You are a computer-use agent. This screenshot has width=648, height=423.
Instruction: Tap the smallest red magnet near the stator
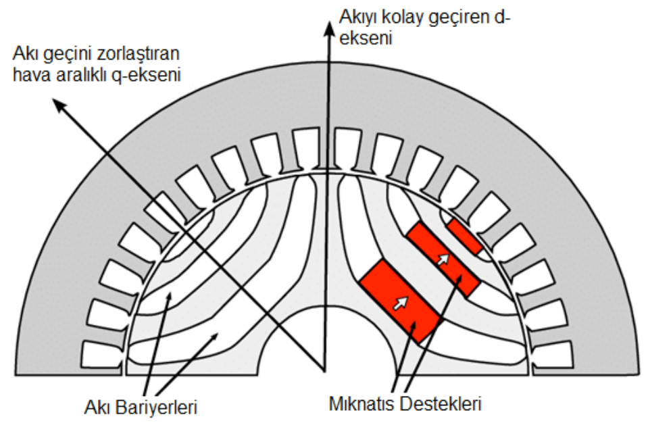465,236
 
